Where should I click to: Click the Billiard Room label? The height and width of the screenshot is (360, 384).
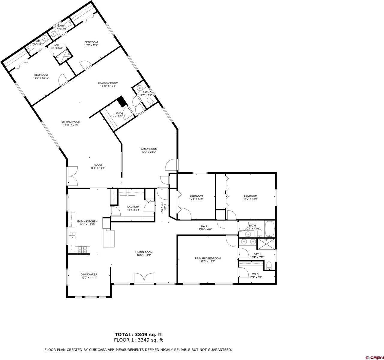[x=108, y=83]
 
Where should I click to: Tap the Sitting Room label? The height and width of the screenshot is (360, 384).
[x=71, y=122]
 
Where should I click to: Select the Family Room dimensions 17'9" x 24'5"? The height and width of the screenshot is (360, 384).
[x=148, y=152]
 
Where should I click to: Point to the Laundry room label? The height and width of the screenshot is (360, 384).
[x=133, y=207]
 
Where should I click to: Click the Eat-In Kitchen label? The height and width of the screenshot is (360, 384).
[x=87, y=221]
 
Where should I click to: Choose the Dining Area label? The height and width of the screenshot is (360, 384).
[x=89, y=274]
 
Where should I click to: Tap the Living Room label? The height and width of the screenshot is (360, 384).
[x=144, y=252]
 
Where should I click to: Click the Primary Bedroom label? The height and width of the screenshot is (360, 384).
[x=208, y=258]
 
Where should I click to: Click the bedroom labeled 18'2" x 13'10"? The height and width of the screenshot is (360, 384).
[x=41, y=75]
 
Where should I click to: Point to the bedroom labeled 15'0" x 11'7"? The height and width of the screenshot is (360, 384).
[x=91, y=42]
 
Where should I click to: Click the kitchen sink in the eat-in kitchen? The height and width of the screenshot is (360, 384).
[x=73, y=235]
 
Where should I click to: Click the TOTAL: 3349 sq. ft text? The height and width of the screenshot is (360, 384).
[x=139, y=334]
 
